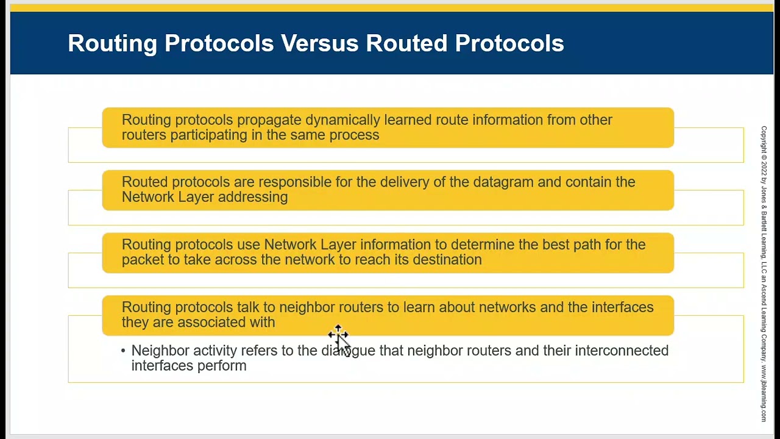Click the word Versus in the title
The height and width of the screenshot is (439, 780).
pyautogui.click(x=319, y=43)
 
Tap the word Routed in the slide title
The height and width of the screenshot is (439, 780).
pyautogui.click(x=406, y=43)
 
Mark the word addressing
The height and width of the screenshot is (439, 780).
pyautogui.click(x=253, y=198)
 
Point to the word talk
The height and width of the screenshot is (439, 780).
pyautogui.click(x=248, y=307)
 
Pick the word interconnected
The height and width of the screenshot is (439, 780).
pyautogui.click(x=622, y=351)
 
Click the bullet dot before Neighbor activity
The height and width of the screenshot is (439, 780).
pyautogui.click(x=123, y=351)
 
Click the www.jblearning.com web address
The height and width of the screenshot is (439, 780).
pyautogui.click(x=764, y=393)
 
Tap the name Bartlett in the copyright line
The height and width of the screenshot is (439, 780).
pyautogui.click(x=764, y=218)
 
